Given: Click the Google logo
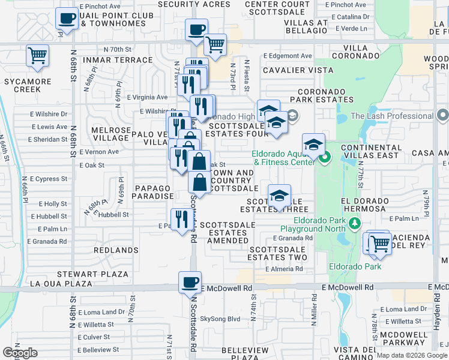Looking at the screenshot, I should tap(20, 353).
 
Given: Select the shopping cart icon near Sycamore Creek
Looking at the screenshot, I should tap(37, 56).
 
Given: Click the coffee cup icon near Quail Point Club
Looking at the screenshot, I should tap(67, 18).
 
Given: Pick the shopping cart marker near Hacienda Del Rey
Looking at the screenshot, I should tap(380, 244).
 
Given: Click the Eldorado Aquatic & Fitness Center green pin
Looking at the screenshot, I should tap(325, 159).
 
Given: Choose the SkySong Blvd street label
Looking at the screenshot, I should tap(220, 319).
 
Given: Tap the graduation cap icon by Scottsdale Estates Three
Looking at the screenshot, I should tap(279, 196).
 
